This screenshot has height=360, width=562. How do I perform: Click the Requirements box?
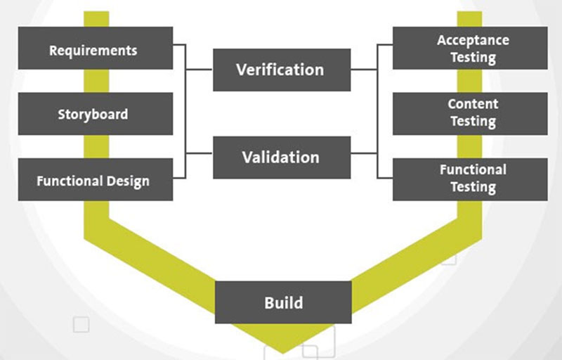click(96, 48)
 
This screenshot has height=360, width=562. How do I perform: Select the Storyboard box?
click(96, 114)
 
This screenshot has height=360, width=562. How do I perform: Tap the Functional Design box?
click(96, 179)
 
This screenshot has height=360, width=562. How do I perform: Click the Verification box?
click(282, 70)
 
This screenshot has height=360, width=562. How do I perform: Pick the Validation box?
click(282, 157)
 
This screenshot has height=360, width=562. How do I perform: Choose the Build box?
click(283, 302)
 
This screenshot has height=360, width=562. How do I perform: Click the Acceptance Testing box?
click(470, 48)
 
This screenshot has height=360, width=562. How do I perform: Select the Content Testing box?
click(470, 114)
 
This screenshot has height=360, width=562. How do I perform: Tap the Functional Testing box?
click(470, 179)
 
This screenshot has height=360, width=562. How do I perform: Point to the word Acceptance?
click(473, 40)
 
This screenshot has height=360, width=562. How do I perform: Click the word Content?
click(473, 104)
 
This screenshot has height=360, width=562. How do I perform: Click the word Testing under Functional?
click(473, 187)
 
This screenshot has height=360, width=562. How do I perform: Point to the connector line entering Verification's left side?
click(200, 69)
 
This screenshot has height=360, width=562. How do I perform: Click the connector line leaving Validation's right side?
click(364, 153)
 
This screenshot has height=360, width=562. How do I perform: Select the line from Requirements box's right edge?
click(179, 45)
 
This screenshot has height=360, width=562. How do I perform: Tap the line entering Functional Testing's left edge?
click(385, 177)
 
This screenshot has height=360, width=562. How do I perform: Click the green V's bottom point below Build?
click(283, 353)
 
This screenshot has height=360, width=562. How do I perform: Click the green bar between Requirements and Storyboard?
click(96, 81)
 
